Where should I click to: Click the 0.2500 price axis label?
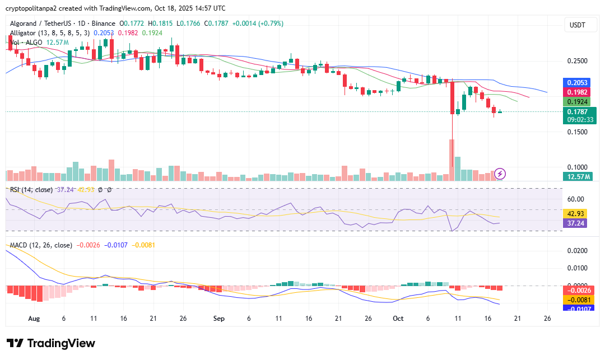(x=577, y=61)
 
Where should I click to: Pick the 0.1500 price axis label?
(x=577, y=132)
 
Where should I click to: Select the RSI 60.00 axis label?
(x=576, y=199)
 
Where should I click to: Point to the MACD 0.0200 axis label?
(x=577, y=250)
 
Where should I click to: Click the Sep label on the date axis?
(x=219, y=318)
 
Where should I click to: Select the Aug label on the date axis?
(x=34, y=318)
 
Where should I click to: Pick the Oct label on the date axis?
(x=398, y=318)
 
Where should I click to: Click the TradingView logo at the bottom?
(x=51, y=343)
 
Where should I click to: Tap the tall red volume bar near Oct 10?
(x=452, y=160)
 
